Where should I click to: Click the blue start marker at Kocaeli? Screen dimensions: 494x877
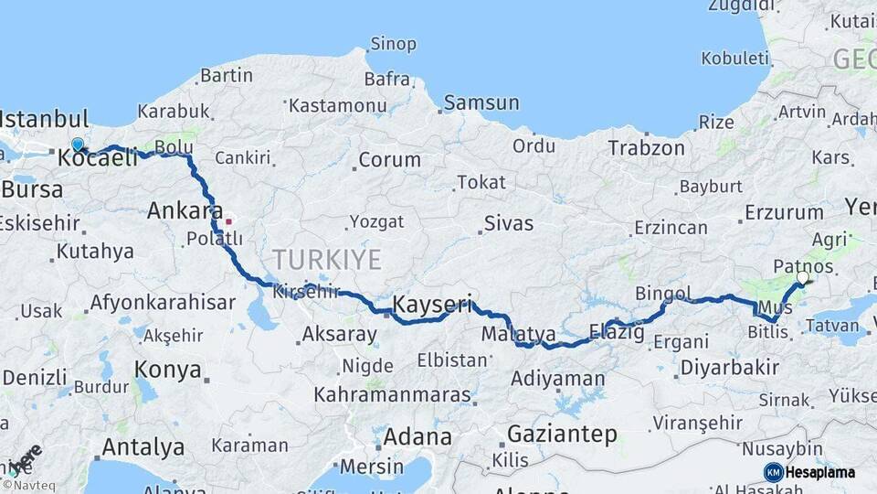pyautogui.click(x=78, y=145)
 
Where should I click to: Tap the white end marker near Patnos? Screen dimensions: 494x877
pyautogui.click(x=803, y=277)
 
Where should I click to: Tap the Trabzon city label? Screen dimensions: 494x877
pyautogui.click(x=647, y=147)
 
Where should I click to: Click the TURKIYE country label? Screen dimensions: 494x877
pyautogui.click(x=325, y=259)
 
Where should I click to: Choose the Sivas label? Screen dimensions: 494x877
pyautogui.click(x=509, y=222)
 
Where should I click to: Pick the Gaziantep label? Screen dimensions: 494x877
pyautogui.click(x=562, y=434)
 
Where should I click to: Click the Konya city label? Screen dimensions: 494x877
pyautogui.click(x=167, y=370)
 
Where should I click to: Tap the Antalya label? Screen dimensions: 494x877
pyautogui.click(x=143, y=447)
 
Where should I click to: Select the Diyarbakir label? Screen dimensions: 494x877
pyautogui.click(x=729, y=368)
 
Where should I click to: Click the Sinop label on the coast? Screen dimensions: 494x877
pyautogui.click(x=393, y=44)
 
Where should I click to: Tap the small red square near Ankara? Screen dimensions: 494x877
pyautogui.click(x=228, y=220)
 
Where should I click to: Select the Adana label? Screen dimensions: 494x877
pyautogui.click(x=417, y=436)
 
